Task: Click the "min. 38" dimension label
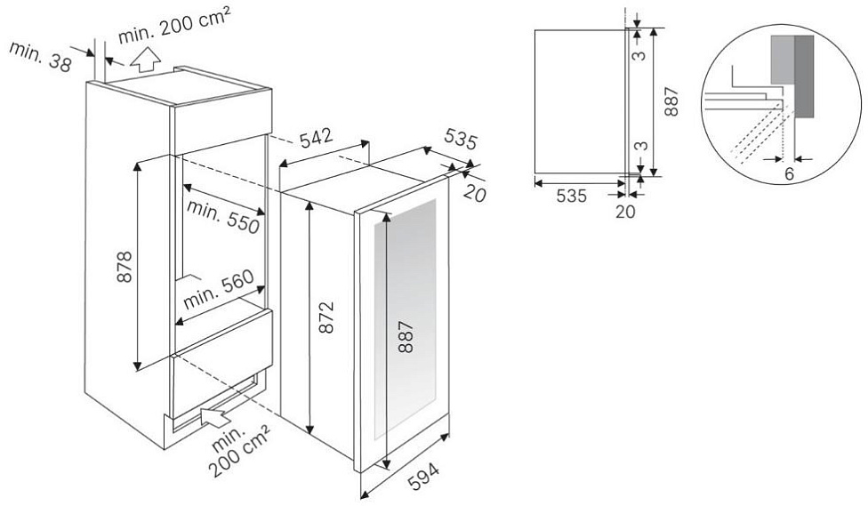(x=40, y=56)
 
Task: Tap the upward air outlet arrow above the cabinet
(x=144, y=60)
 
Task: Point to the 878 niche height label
(x=125, y=267)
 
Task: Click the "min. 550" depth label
(x=223, y=216)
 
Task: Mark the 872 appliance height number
(x=327, y=317)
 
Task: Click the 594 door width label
(x=423, y=476)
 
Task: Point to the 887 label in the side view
(x=671, y=101)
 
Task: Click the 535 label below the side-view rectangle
(x=571, y=196)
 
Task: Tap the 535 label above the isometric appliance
(x=460, y=141)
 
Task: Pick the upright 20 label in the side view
(x=625, y=211)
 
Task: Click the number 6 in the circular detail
(x=790, y=173)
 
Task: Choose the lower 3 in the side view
(x=640, y=146)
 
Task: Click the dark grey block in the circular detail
(x=804, y=76)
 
